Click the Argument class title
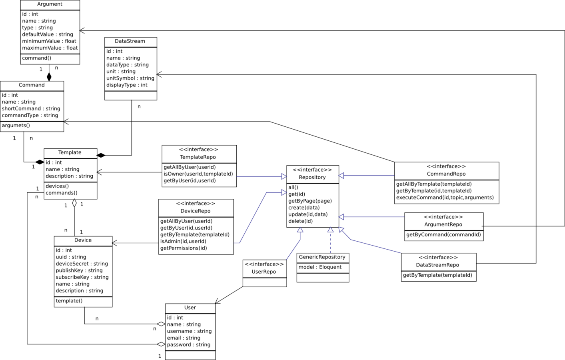pyautogui.click(x=50, y=4)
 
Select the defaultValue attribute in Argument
pyautogui.click(x=48, y=34)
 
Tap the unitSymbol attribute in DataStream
pyautogui.click(x=130, y=78)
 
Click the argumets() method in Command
pyautogui.click(x=16, y=126)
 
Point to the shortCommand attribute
pyautogui.click(x=31, y=109)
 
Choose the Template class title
pyautogui.click(x=70, y=153)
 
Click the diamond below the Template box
pyautogui.click(x=74, y=203)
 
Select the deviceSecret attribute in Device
pyautogui.click(x=82, y=264)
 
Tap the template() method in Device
pyautogui.click(x=69, y=301)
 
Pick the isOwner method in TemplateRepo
pyautogui.click(x=198, y=174)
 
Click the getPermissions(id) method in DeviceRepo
pyautogui.click(x=184, y=248)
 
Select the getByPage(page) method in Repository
pyautogui.click(x=310, y=201)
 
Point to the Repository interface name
pyautogui.click(x=312, y=178)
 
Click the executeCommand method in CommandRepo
pyautogui.click(x=445, y=198)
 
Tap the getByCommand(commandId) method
pyautogui.click(x=443, y=235)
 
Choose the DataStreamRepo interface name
pyautogui.click(x=437, y=265)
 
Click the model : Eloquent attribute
pyautogui.click(x=320, y=267)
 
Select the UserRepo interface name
pyautogui.click(x=264, y=272)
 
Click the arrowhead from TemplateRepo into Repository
pyautogui.click(x=283, y=176)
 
